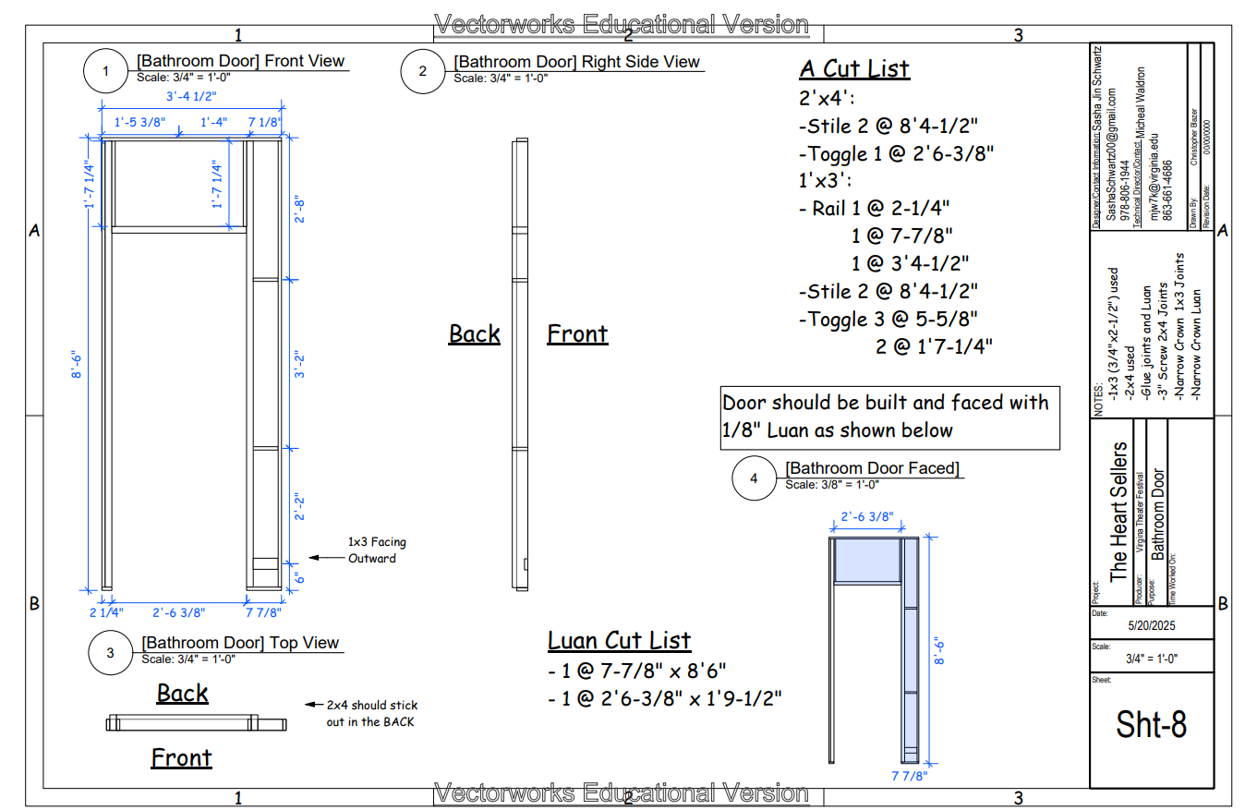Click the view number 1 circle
106,71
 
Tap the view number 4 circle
755,478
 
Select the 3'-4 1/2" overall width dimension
191,96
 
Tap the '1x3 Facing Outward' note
377,550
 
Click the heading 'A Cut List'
854,69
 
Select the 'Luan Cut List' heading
619,640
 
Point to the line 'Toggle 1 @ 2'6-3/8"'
896,153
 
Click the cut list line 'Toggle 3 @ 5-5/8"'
888,319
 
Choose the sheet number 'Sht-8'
1151,724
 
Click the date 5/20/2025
1151,625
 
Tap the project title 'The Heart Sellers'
1118,513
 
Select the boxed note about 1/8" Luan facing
889,417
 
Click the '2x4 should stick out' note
369,713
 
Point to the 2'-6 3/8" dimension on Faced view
867,517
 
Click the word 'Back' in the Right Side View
474,333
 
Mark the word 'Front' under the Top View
181,758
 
